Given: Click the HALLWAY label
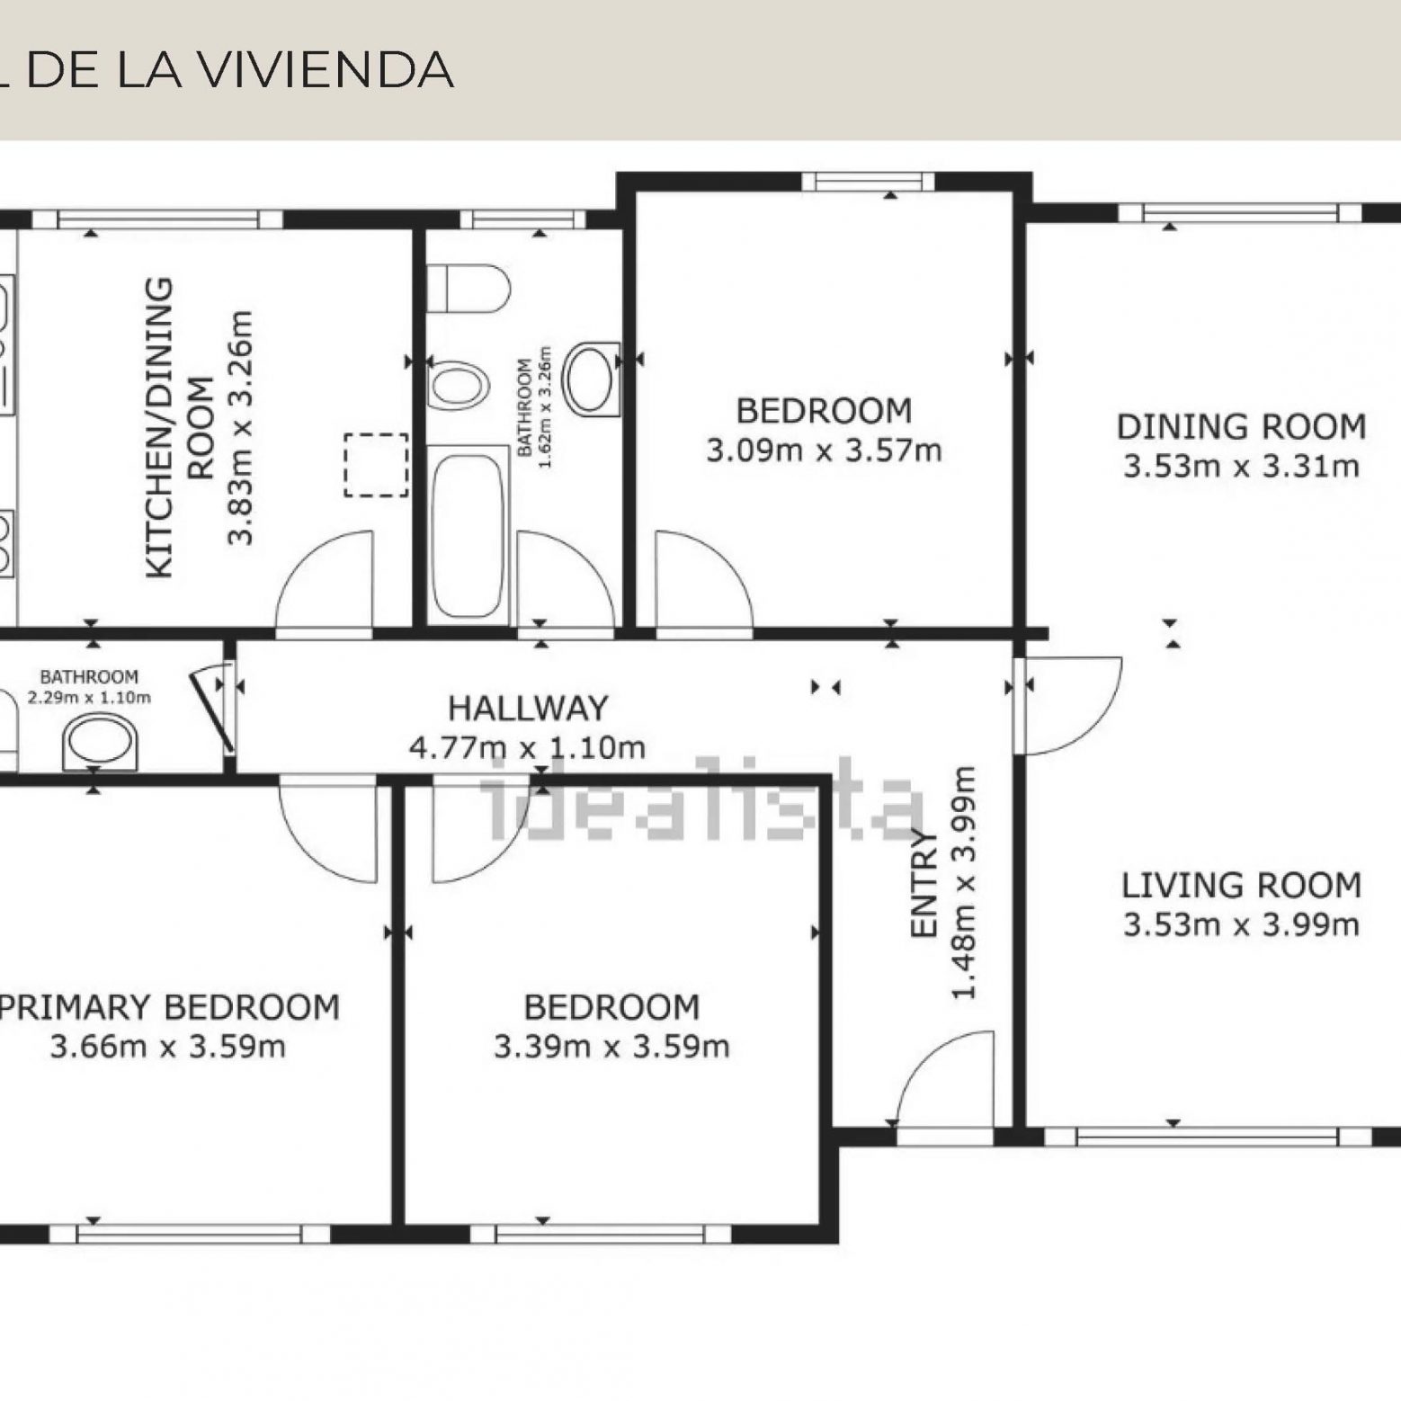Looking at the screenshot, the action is point(528,709).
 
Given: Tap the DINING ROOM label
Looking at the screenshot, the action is point(1241,426).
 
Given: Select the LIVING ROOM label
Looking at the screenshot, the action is point(1241,886).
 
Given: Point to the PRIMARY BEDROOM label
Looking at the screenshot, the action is point(170,1007).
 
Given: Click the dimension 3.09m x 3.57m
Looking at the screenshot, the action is point(824,451).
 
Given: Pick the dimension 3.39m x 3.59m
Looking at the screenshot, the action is point(611,1047).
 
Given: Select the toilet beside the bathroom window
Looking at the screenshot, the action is point(468,287).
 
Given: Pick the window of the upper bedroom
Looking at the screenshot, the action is point(868,182).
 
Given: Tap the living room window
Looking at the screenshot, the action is point(1209,1137).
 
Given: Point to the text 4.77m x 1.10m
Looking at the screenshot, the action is point(528,748).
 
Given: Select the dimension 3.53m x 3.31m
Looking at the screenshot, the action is point(1241,467).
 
